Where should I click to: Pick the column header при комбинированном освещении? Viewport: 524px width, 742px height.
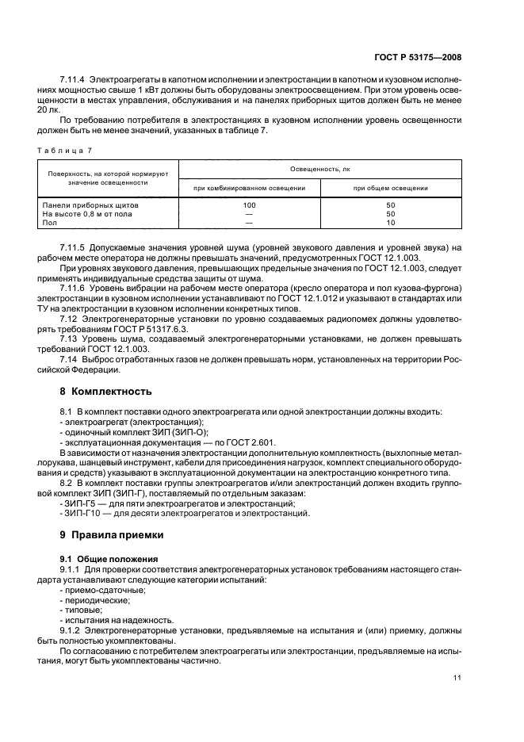point(249,188)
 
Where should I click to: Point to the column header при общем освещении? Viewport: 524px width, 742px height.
point(390,188)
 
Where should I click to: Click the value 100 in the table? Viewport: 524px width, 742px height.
point(249,205)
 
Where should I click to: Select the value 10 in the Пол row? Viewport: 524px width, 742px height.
point(390,223)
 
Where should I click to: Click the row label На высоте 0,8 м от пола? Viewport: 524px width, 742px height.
point(87,214)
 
